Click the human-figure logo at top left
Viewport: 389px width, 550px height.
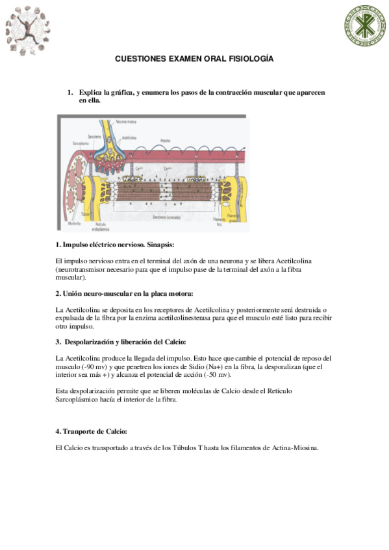(27, 29)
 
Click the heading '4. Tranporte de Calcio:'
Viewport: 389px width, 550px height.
(91, 431)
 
